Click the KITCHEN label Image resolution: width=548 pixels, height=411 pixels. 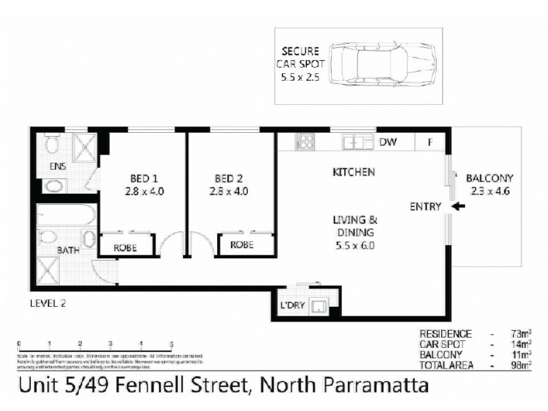point(353,172)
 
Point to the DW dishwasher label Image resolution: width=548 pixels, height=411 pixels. point(388,142)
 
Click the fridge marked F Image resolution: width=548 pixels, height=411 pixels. point(431,142)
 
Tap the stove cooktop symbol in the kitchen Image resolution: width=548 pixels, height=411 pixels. point(304,142)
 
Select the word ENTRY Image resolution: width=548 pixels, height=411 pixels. point(424,206)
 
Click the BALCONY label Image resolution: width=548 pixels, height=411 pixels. point(490,178)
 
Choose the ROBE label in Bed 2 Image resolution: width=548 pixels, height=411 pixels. point(242,245)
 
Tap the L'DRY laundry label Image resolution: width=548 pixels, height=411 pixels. point(292,305)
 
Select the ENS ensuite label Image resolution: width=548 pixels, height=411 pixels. point(58,166)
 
